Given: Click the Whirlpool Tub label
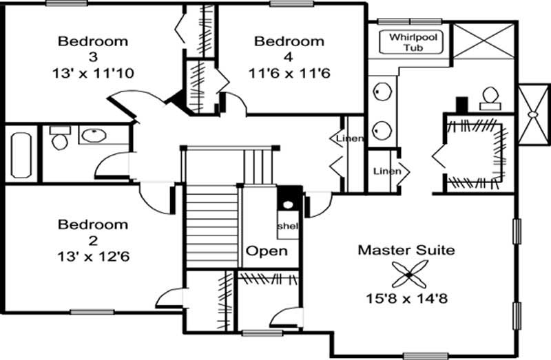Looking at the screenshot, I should point(414,42).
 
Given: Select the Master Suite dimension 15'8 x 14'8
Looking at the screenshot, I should point(406,299).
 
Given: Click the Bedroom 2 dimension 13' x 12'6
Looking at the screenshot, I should point(92,257).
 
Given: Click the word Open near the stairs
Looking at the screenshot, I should point(267,251).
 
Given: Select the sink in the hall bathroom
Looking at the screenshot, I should point(92,135).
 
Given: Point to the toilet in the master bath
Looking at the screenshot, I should point(490,98).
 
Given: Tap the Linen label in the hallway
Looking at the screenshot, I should point(349,139).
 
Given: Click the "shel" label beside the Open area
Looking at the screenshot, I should point(287,226).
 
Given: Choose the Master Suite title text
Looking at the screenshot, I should point(406,250).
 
